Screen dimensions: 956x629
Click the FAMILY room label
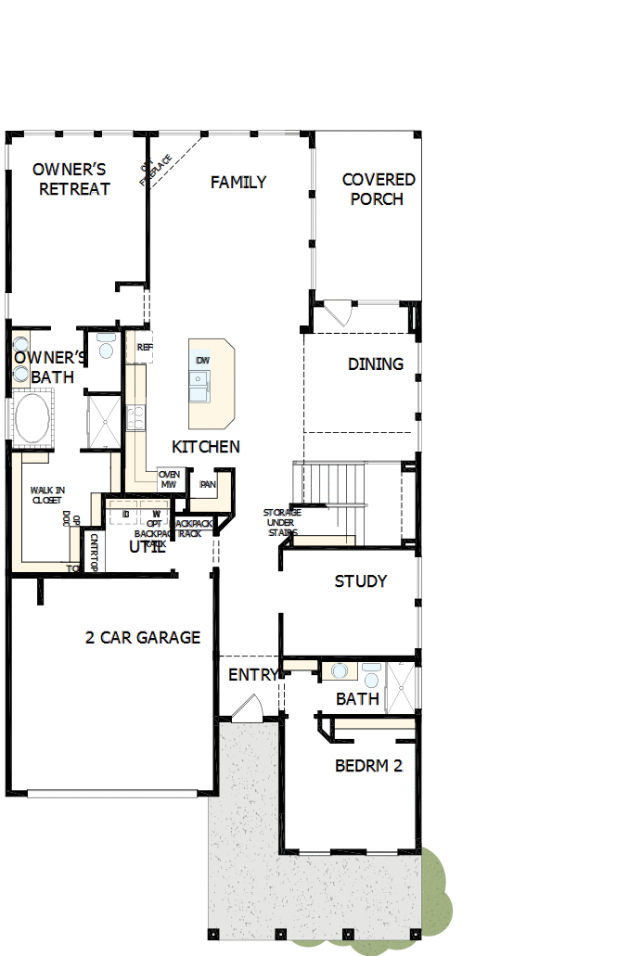coord(238,183)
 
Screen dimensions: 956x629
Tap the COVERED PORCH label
coord(378,189)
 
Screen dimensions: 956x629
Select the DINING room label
coord(376,364)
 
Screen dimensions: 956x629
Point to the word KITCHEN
coord(206,447)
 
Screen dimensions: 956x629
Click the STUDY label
coord(361,581)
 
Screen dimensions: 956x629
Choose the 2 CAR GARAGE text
coord(143,638)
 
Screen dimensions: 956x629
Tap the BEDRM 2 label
coord(368,766)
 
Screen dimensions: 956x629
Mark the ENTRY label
coord(252,675)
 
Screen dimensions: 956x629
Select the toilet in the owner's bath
coord(106,347)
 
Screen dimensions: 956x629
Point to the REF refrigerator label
coord(144,348)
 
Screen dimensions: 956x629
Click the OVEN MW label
coord(169,479)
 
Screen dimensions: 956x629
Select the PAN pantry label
coord(208,484)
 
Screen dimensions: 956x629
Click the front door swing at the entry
coord(248,709)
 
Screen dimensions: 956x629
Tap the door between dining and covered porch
coord(334,312)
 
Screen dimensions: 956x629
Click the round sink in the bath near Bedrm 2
coord(340,670)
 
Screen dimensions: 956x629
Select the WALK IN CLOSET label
coord(46,494)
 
